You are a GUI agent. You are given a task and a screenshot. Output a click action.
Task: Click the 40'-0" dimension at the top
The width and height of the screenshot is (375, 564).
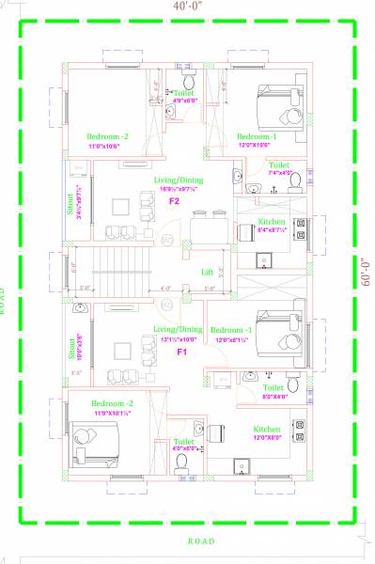coord(186,8)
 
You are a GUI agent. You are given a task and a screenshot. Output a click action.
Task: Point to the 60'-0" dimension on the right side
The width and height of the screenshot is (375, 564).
coord(364,273)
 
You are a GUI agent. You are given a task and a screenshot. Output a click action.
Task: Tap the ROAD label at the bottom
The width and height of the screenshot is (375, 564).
coord(201,540)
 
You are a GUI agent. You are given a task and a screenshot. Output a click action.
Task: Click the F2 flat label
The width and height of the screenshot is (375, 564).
coord(174,201)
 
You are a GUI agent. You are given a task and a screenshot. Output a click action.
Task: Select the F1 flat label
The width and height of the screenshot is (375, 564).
coord(182,352)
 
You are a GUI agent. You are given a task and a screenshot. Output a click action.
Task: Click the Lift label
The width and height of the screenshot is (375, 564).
coord(208,273)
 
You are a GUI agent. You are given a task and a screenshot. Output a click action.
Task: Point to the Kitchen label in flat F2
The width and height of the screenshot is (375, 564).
coord(272,222)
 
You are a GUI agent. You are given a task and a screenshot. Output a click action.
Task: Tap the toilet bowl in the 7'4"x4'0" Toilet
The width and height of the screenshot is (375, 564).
coord(295,180)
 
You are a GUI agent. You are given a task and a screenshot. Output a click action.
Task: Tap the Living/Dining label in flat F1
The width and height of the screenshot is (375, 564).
coord(178,330)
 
